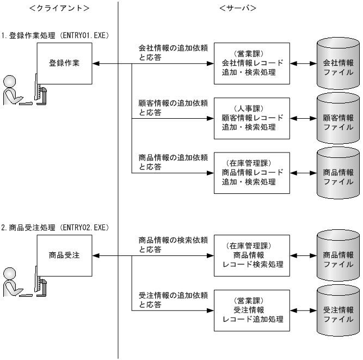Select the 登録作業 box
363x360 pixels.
(65, 63)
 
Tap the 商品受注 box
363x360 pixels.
(65, 255)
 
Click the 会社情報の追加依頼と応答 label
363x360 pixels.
(173, 53)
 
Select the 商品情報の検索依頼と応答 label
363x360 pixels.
(173, 245)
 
